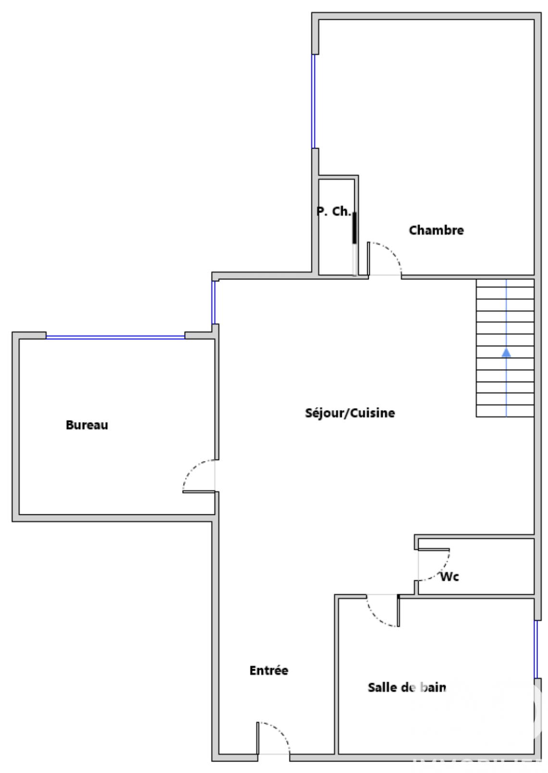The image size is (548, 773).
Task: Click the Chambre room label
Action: click(436, 230)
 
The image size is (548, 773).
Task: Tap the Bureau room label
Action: click(87, 425)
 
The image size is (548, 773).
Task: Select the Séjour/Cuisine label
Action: click(350, 413)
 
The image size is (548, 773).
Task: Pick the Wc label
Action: click(449, 577)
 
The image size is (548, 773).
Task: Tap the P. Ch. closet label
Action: click(334, 212)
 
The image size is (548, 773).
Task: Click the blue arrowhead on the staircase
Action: click(506, 352)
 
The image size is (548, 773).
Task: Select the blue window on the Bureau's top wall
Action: click(115, 337)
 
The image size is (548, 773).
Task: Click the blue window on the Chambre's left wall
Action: click(313, 101)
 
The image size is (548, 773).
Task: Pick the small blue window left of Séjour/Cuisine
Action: click(213, 303)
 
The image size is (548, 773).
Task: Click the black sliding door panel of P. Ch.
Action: click(354, 228)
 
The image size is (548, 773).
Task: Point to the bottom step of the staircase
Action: click(505, 411)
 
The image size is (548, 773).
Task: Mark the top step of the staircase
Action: click(505, 283)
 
